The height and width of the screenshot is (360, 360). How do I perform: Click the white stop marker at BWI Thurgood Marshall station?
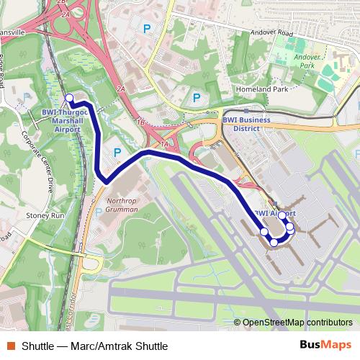[69, 98]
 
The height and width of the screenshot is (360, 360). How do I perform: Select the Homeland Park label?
[261, 89]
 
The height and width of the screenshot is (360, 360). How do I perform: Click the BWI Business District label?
[246, 124]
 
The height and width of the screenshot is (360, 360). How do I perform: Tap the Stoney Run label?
[45, 215]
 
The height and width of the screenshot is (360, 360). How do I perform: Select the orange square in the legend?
[10, 346]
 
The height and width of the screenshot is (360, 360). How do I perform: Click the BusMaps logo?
[325, 345]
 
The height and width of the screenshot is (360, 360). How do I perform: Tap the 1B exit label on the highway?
[140, 123]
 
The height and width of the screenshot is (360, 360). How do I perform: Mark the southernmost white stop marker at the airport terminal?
[274, 243]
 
